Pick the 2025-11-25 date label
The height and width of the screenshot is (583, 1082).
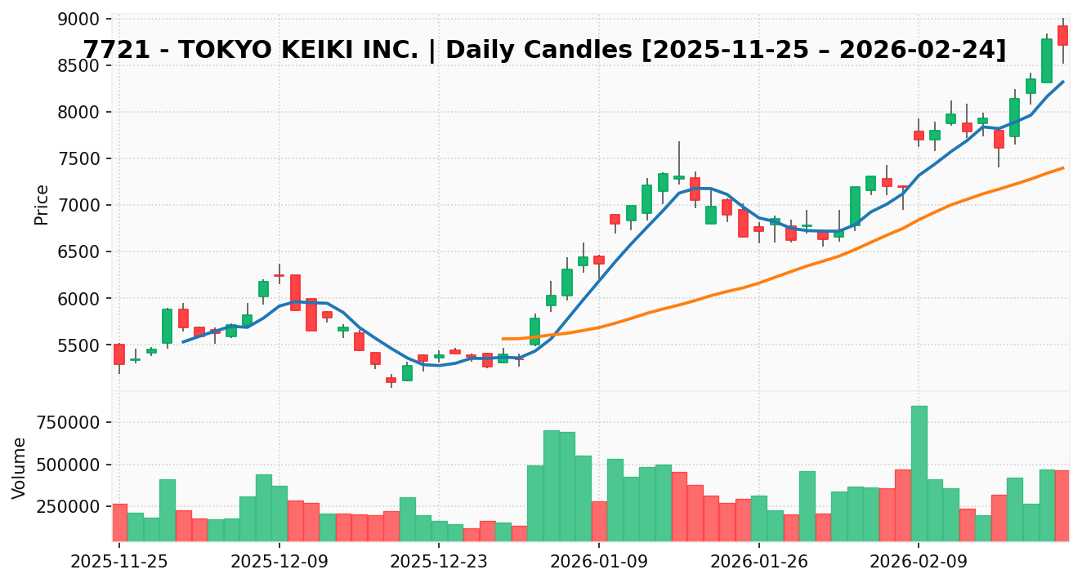(x=119, y=562)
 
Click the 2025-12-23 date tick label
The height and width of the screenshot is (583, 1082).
(x=439, y=562)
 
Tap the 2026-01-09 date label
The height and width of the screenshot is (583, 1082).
(x=598, y=562)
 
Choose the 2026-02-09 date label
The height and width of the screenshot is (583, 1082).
(x=919, y=562)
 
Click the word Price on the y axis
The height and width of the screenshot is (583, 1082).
(x=42, y=204)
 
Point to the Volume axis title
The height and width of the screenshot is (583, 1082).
(x=20, y=467)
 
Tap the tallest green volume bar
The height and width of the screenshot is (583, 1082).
(x=919, y=474)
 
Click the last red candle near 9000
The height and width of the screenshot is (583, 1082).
(x=1062, y=35)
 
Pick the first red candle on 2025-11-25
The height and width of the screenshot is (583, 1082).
(x=119, y=354)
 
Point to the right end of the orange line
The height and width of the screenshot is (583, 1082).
(x=1063, y=167)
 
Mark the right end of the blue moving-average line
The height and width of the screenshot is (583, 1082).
(x=1063, y=81)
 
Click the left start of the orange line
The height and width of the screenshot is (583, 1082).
(x=503, y=339)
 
